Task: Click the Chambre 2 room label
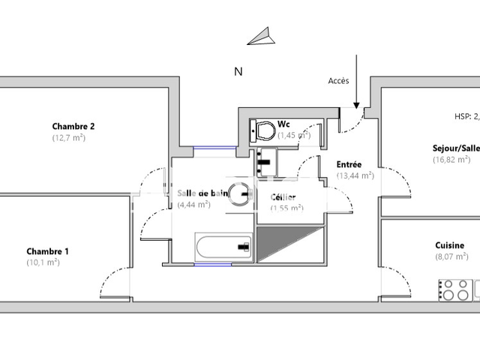pos(73,126)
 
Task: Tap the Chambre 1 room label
pos(48,251)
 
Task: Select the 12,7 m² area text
pos(68,138)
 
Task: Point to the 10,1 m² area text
pos(44,262)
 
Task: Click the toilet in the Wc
pos(262,130)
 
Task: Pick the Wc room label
pos(284,124)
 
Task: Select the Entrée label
pos(349,164)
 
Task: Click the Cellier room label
pos(283,197)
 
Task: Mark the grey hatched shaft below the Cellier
pos(290,244)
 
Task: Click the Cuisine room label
pos(449,245)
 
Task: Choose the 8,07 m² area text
pos(451,256)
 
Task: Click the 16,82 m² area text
pos(451,159)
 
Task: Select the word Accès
pos(339,81)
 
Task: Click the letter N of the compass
pos(238,72)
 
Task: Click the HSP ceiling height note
pos(466,116)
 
